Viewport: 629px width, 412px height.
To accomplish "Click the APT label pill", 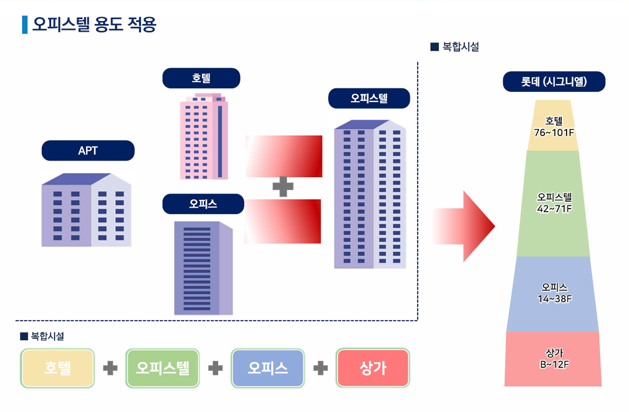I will pos(88,151).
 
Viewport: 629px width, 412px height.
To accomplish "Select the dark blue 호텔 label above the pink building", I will pos(201,79).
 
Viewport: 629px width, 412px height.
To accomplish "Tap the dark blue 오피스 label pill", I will pos(203,204).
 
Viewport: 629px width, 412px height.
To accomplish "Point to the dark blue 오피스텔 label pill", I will pos(369,99).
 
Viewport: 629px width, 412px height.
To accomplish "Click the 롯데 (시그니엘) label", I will pos(554,82).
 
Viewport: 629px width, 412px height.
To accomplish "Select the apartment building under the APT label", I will pos(86,210).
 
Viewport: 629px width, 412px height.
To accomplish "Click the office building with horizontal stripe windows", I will pos(203,267).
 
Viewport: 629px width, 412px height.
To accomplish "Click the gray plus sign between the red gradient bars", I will pos(283,187).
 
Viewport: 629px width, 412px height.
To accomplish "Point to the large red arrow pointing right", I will pos(464,226).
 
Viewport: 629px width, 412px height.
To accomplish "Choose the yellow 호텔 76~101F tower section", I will pos(553,126).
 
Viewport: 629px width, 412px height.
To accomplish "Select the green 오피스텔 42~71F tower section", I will pos(554,203).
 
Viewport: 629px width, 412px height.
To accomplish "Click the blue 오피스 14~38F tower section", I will pos(553,294).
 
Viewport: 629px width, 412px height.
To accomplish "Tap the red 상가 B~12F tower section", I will pos(553,359).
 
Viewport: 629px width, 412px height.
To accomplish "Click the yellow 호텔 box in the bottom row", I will pos(58,368).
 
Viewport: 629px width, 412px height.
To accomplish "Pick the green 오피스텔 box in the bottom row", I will pos(162,368).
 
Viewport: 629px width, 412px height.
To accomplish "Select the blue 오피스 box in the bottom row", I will pos(268,368).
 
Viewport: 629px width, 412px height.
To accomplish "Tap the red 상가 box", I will pos(373,368).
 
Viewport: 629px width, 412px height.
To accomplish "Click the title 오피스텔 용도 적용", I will pos(94,25).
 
